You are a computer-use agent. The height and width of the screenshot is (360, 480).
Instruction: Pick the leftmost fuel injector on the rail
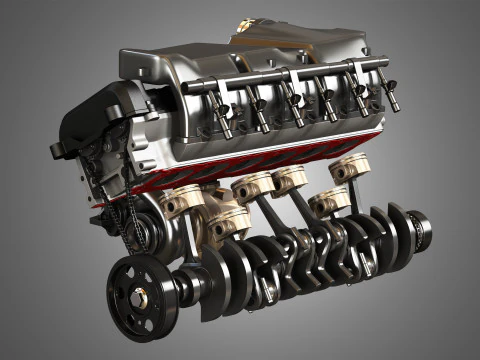(222, 116)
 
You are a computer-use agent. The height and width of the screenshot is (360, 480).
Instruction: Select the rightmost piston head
(350, 167)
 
